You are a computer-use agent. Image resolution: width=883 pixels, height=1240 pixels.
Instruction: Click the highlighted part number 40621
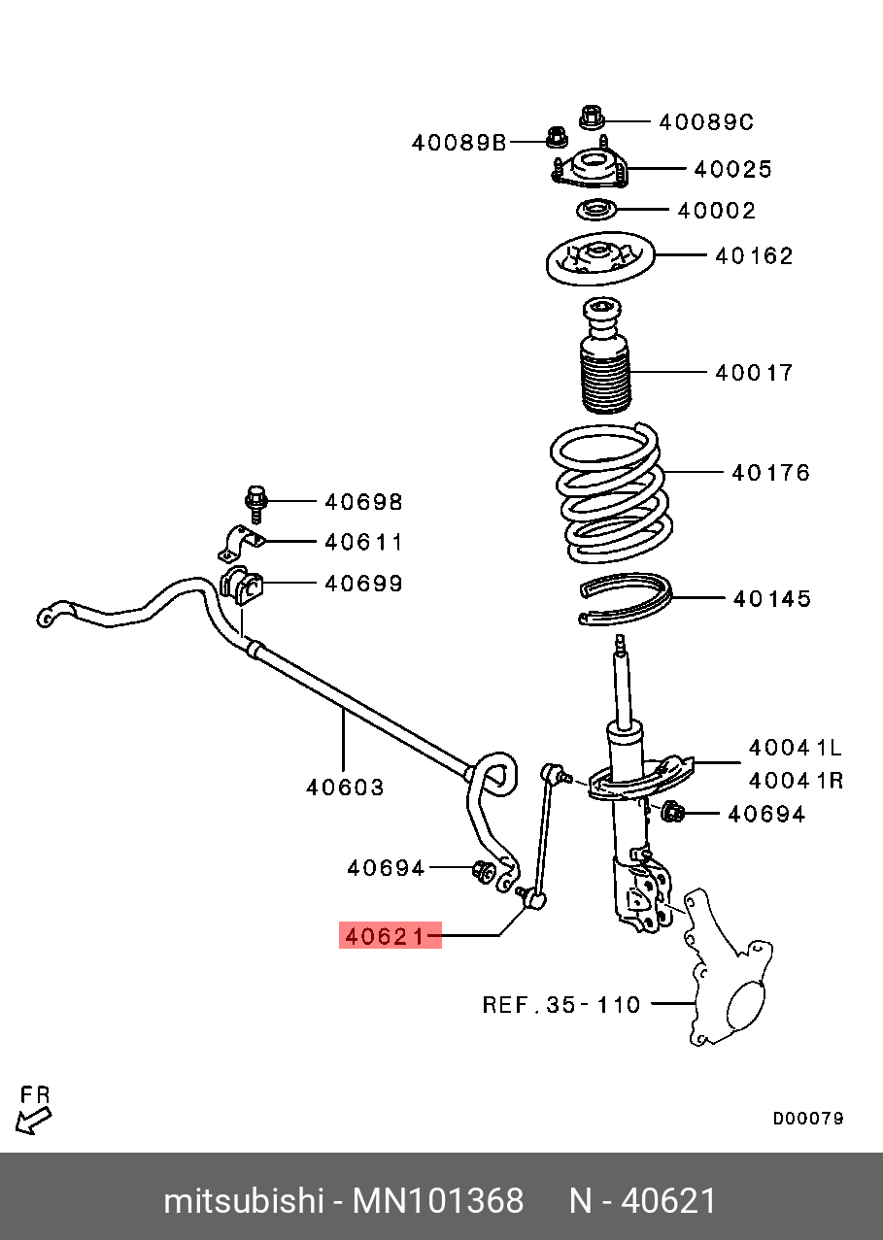tap(390, 936)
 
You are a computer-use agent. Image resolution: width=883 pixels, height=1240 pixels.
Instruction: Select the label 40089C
tap(706, 122)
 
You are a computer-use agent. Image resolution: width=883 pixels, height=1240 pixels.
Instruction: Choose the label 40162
tap(754, 256)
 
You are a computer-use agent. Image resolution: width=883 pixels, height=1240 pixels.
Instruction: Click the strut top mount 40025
tap(594, 170)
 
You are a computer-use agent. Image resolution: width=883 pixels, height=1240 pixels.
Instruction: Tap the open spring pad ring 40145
tap(625, 600)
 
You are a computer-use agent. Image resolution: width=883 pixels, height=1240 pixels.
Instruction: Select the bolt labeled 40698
tap(255, 501)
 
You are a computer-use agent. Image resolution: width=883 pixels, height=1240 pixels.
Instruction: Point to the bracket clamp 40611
tap(237, 543)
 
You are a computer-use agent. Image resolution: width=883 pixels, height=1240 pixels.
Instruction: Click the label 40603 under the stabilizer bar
tap(345, 788)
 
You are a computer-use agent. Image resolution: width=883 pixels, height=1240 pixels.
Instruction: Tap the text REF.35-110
tap(561, 1004)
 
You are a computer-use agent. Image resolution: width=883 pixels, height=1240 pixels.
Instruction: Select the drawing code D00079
tap(808, 1119)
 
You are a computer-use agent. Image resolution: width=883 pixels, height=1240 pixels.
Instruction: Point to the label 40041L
tap(795, 748)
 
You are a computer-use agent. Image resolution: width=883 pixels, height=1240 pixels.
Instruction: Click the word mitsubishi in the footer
tap(243, 1201)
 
